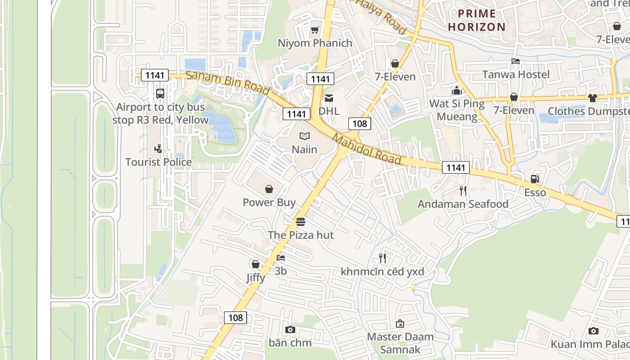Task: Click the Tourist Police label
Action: tap(158, 162)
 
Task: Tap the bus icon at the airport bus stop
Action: tap(160, 94)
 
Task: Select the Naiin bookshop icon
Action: tap(305, 136)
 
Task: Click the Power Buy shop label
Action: tap(269, 202)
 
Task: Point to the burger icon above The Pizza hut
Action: tap(301, 222)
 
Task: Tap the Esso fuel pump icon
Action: tap(535, 179)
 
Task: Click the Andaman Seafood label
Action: tap(463, 204)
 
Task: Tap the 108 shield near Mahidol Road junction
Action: tap(360, 123)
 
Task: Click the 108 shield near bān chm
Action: tap(235, 318)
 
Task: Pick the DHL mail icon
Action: tap(329, 98)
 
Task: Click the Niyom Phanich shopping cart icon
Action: tap(315, 30)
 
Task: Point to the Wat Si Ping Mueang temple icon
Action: tap(457, 90)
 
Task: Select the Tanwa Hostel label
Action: tap(516, 74)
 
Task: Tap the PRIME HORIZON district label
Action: tap(477, 20)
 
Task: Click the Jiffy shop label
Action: tap(256, 278)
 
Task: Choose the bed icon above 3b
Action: tap(281, 258)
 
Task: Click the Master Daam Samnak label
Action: tap(400, 343)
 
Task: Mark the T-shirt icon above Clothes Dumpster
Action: tap(592, 98)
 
